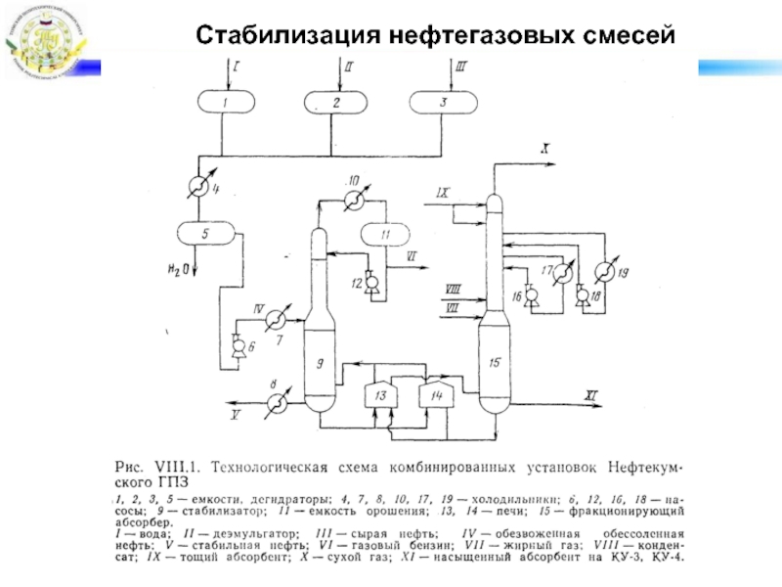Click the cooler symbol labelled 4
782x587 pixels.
coord(198,188)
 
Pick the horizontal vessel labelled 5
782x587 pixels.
coord(205,234)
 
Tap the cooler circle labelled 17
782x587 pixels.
coord(562,274)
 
